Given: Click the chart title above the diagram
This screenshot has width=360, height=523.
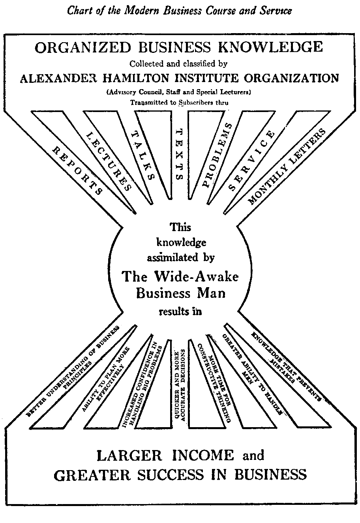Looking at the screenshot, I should coord(180,11).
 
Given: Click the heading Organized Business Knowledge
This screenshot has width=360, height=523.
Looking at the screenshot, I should coord(179,48).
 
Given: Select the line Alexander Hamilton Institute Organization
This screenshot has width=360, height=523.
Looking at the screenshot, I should coord(179,78).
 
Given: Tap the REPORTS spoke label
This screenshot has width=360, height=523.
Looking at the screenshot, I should coord(77,171).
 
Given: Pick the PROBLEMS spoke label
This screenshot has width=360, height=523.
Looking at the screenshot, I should coord(217,154).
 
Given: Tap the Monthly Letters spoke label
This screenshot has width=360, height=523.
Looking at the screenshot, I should coord(287,167).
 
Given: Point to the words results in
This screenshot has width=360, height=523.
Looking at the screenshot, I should coord(180,312).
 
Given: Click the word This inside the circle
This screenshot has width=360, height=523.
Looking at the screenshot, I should coord(180,227).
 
